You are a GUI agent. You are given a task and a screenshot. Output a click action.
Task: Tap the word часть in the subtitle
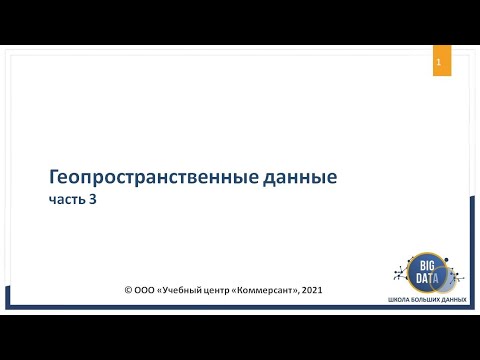[69, 199]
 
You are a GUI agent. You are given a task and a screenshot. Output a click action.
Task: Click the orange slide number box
[437, 63]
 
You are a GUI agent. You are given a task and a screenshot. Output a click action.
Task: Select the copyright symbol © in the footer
[128, 291]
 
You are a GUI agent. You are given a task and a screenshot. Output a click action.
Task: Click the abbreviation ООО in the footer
[146, 291]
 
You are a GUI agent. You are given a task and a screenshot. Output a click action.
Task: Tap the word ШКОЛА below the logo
[398, 300]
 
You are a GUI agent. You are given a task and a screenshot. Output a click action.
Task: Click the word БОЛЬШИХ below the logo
[425, 300]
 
